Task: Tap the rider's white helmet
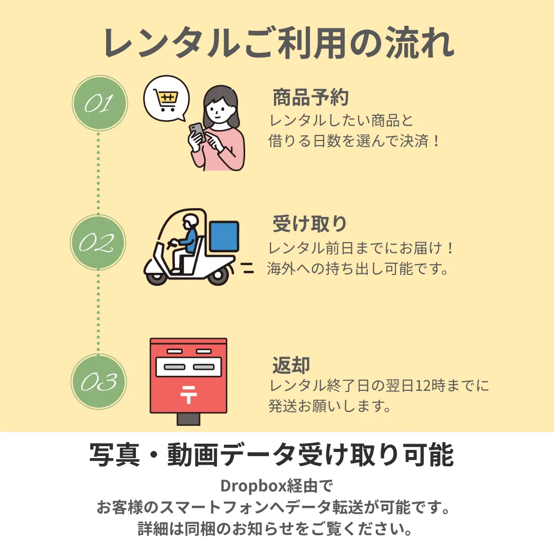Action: point(190,221)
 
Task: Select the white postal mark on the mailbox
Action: point(188,394)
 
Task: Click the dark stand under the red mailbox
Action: point(188,419)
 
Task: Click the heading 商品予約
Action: point(310,97)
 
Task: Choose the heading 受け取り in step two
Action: point(310,224)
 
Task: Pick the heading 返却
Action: point(291,365)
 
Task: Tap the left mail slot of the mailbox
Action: point(171,368)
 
